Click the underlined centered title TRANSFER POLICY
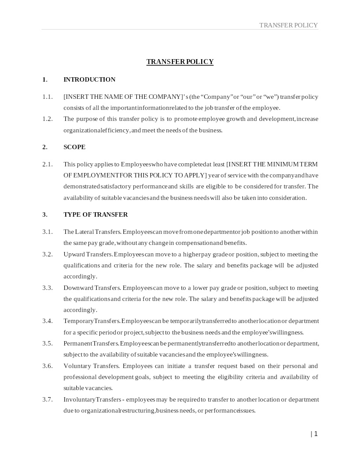pos(180,62)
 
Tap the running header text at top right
pos(289,25)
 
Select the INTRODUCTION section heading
pos(90,79)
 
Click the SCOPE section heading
pos(75,147)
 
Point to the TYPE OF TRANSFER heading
pos(96,214)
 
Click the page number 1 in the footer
pos(316,434)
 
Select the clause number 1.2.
pos(47,119)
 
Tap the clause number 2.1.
pos(47,164)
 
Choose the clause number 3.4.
pos(47,321)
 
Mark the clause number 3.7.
pos(47,399)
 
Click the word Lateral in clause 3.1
pos(85,232)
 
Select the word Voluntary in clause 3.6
pos(77,366)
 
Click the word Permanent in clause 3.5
pos(78,343)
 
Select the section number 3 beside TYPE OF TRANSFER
pos(44,214)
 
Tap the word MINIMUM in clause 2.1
pos(283,164)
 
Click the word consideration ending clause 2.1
pos(288,198)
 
